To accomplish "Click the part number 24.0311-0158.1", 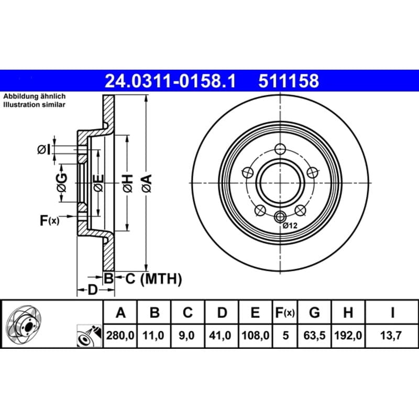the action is pos(171,81).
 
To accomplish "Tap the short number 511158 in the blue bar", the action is pos(289,81).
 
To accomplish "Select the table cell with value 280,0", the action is pos(120,335).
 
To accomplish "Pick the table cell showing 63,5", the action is pos(314,335).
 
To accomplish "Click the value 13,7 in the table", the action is pos(391,335).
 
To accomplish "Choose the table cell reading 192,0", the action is pos(348,335).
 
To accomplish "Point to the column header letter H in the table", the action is pos(348,312).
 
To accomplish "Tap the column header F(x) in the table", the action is pos(285,312).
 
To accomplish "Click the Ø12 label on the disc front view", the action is pos(290,226).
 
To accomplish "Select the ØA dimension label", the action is pos(147,183).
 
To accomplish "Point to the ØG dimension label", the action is pos(62,183).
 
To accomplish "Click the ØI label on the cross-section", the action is pos(44,150).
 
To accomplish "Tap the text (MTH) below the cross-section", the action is pos(161,279).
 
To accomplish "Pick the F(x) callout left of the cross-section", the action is pos(49,220).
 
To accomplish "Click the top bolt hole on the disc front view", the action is pos(280,149).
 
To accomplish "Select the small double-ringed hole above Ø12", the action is pos(280,216).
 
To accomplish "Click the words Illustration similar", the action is pos(34,104).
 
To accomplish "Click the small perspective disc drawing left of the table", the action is pos(24,325).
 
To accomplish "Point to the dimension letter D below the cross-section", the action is pos(93,290).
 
